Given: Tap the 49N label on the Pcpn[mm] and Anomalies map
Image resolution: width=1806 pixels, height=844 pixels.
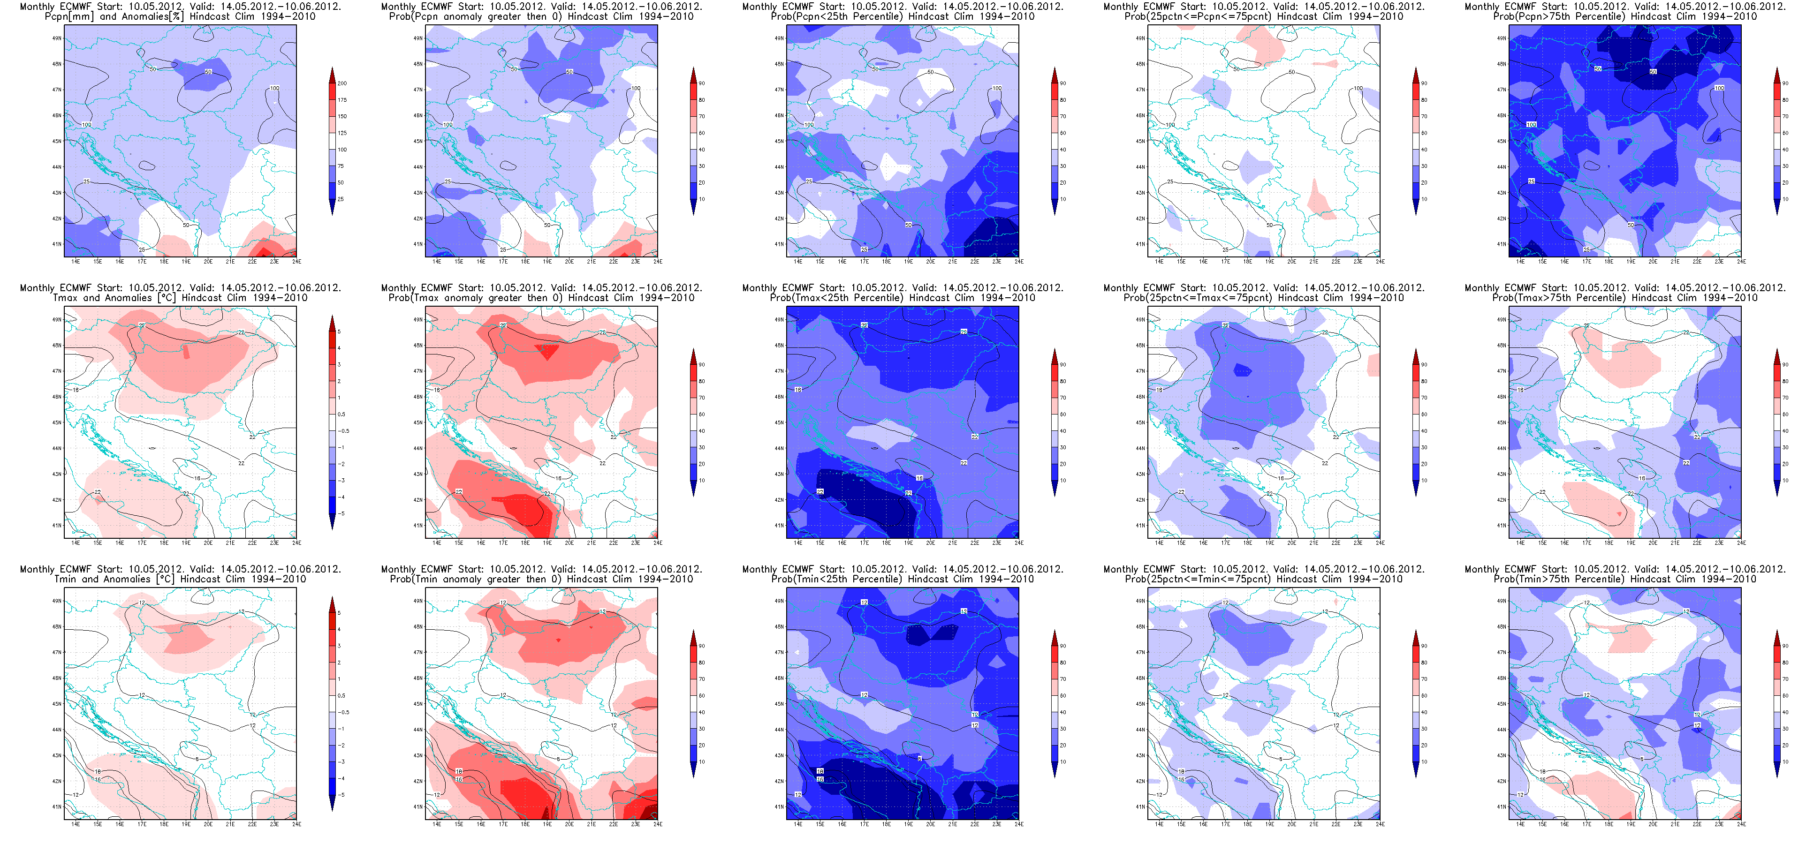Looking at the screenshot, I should tap(57, 38).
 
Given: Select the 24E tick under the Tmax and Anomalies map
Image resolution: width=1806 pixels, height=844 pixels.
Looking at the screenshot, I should tap(296, 543).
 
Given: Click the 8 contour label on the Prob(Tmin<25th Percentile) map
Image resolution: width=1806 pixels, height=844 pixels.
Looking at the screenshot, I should tap(919, 759).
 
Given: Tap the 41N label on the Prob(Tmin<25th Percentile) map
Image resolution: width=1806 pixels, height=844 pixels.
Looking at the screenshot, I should tap(779, 807).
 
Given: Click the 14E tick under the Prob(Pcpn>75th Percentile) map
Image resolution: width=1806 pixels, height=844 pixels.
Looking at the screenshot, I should tap(1520, 262).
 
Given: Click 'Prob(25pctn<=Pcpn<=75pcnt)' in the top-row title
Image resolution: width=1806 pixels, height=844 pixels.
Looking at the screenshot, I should tap(1192, 16).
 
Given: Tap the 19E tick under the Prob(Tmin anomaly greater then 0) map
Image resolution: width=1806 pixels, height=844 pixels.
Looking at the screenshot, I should tap(547, 824).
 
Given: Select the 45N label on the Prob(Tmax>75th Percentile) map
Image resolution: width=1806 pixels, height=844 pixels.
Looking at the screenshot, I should tap(1501, 422).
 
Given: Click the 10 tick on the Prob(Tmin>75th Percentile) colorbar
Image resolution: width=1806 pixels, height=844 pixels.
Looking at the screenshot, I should tap(1786, 762).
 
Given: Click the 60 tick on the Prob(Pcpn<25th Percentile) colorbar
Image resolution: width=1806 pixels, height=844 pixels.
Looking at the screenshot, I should tap(1063, 133).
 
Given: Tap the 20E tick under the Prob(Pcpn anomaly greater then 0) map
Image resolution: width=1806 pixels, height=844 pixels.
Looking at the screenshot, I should tap(569, 262).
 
